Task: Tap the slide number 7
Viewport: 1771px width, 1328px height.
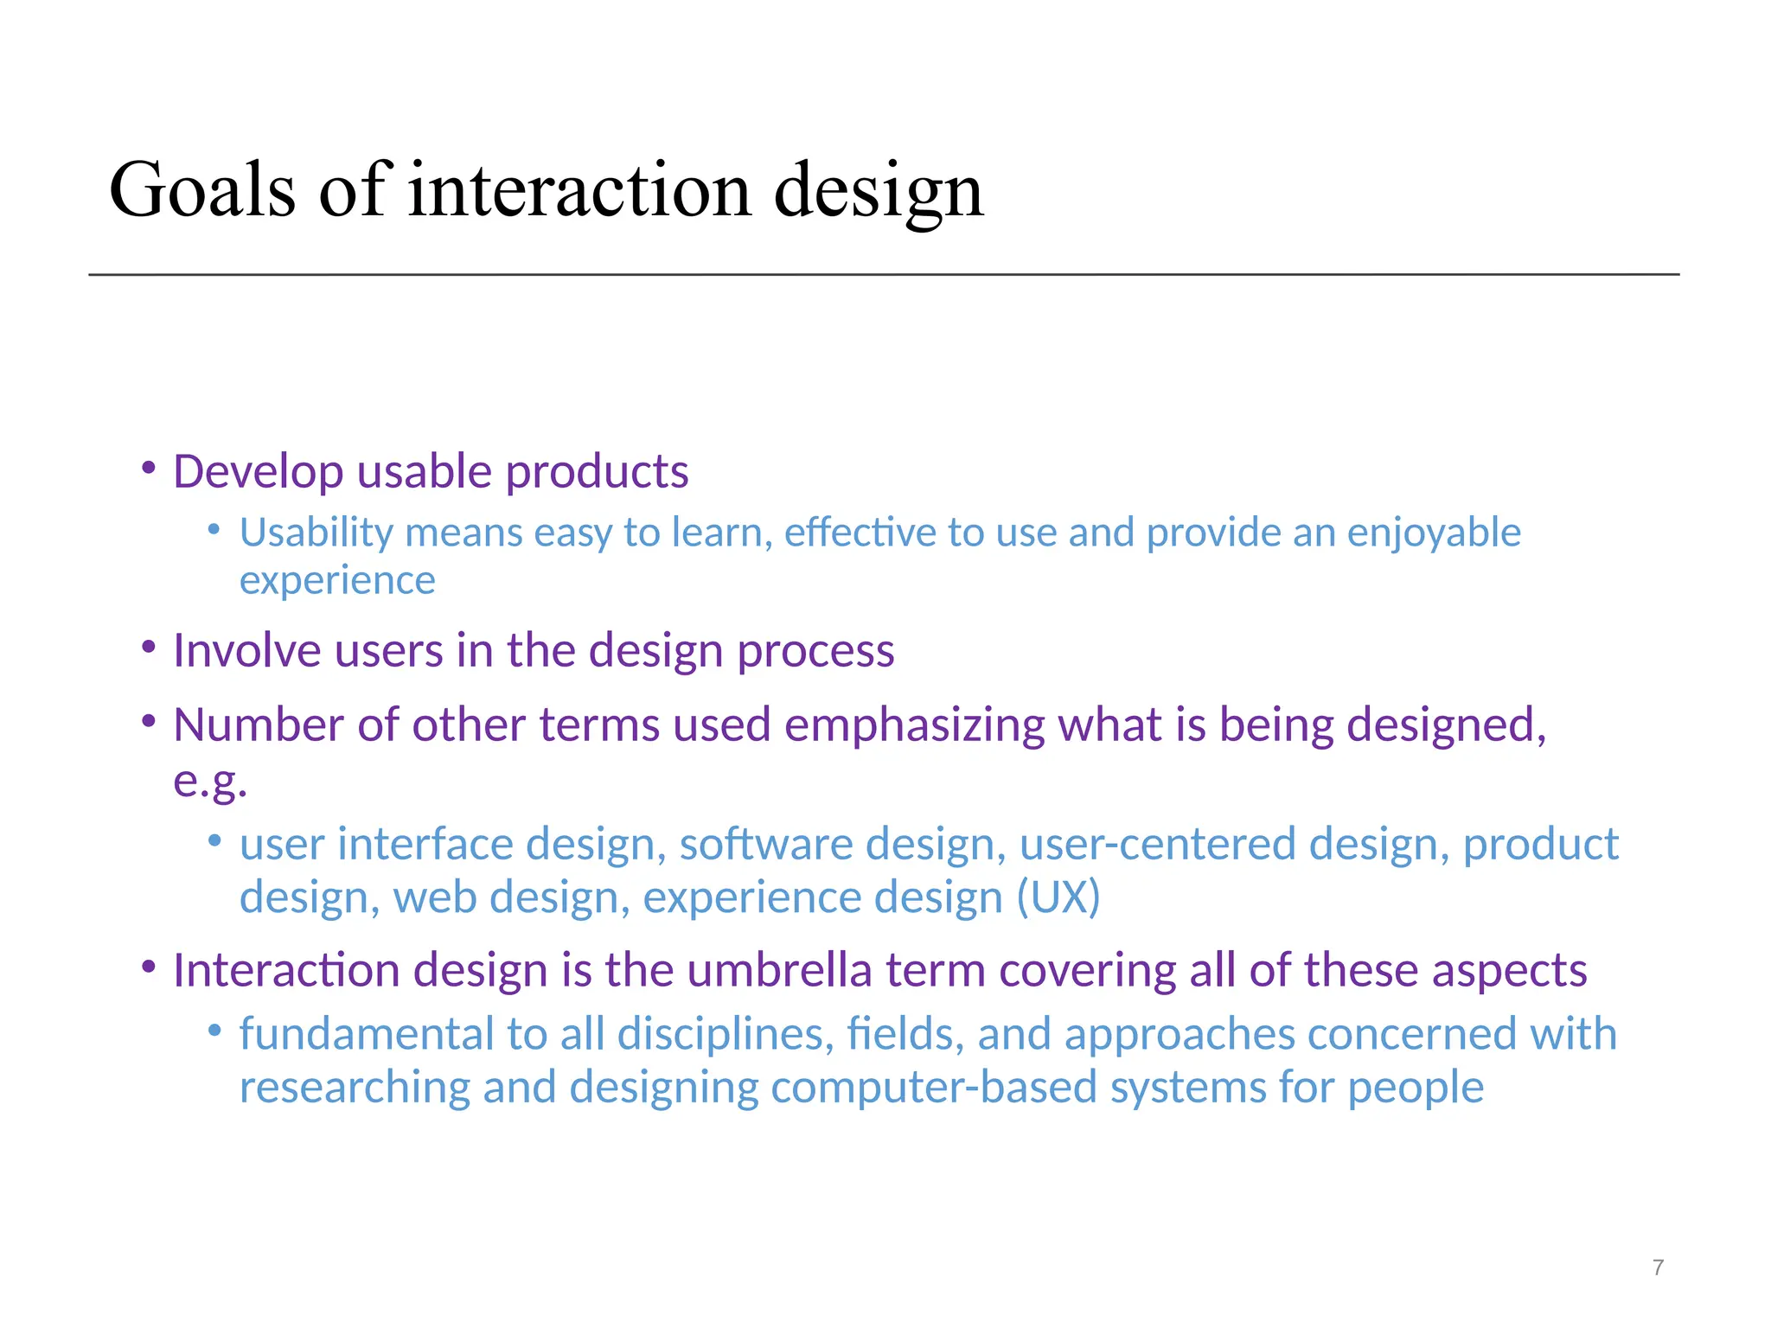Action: tap(1658, 1267)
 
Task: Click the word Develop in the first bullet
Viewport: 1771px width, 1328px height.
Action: tap(258, 473)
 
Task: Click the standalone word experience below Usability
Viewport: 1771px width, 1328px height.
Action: tap(337, 581)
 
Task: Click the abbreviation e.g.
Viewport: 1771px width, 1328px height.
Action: tap(210, 782)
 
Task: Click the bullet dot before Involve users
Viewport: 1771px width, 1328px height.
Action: tap(149, 647)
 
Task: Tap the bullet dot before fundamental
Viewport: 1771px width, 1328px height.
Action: tap(214, 1030)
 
